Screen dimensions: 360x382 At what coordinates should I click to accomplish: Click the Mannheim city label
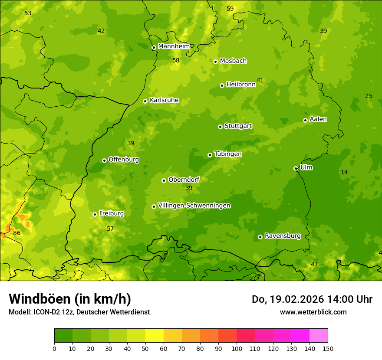174,46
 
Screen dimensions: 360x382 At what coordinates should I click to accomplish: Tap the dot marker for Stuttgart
220,127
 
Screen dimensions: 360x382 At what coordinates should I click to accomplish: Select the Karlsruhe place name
164,100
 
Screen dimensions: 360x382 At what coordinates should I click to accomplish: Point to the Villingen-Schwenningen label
194,206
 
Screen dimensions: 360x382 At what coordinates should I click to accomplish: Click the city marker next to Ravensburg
260,237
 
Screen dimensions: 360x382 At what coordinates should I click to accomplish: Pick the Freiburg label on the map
111,213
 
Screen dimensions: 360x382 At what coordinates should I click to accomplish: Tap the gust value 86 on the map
17,233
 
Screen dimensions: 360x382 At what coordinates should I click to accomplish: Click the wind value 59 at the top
230,9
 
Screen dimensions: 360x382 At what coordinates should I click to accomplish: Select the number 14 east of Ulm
344,172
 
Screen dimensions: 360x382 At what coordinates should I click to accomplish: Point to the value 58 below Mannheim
176,60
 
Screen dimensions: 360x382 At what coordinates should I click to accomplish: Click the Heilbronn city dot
222,85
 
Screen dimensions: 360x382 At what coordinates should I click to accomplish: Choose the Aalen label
318,119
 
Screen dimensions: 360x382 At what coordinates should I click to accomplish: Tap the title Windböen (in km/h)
70,299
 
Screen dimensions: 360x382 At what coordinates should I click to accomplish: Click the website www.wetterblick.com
313,312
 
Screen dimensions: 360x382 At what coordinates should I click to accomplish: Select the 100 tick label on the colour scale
237,348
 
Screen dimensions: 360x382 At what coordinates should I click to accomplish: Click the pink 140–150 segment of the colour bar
319,336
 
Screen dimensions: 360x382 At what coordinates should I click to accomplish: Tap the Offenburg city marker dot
104,160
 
